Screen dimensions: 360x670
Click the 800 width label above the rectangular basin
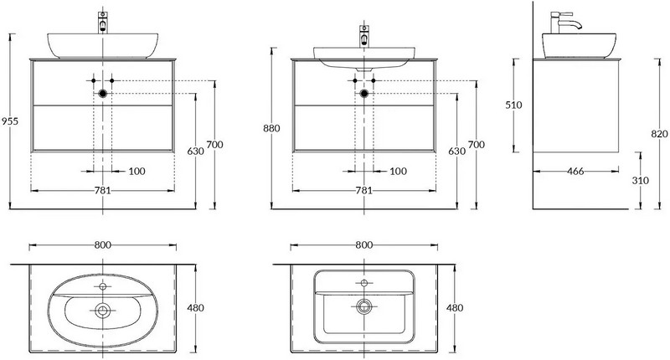tap(363, 245)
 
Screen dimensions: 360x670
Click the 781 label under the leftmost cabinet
tap(103, 190)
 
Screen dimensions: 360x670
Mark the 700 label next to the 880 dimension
tap(477, 145)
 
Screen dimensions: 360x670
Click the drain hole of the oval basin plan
tap(103, 311)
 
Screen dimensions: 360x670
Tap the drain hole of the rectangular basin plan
tap(363, 305)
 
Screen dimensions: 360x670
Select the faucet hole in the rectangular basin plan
tap(363, 283)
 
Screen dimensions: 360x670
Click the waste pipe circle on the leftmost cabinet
tap(103, 94)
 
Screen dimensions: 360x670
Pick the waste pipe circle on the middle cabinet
tap(363, 94)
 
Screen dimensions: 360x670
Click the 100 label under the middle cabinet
tap(399, 171)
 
